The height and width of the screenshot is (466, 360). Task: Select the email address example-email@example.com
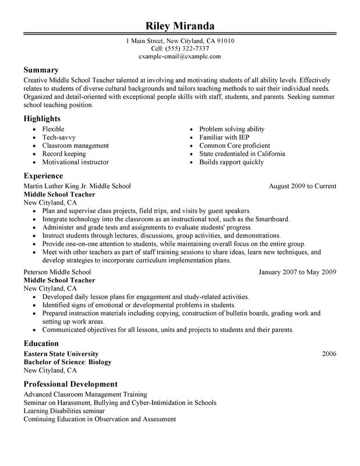click(x=179, y=57)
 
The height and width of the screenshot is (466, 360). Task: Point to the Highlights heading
click(x=43, y=118)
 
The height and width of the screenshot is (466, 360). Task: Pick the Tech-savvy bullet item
click(x=58, y=137)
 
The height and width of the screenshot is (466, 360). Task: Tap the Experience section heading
click(x=43, y=175)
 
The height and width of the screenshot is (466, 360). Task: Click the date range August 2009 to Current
click(x=302, y=186)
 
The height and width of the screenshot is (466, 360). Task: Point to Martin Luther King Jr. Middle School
click(x=77, y=186)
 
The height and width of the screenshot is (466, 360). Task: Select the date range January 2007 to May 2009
click(x=297, y=271)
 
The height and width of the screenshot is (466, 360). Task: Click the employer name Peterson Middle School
click(x=57, y=271)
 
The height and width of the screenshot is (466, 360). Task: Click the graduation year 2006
click(x=329, y=354)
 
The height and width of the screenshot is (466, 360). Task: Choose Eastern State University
click(x=61, y=354)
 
